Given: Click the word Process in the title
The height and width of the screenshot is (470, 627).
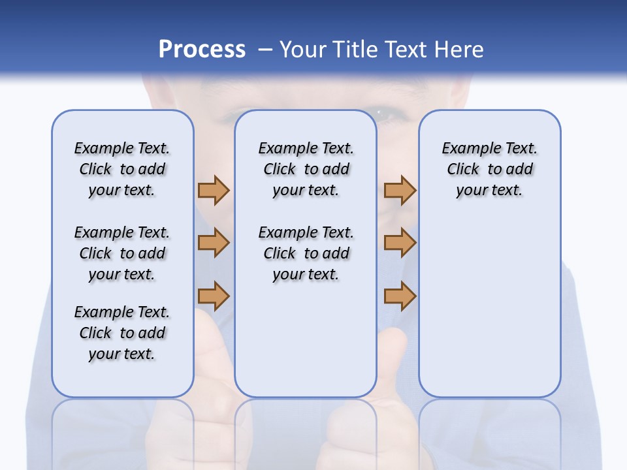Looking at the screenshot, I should coord(202,50).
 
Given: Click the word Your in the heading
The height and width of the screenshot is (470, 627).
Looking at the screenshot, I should coord(304,50).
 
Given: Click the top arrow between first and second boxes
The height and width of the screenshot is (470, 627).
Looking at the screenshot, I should coord(214,190).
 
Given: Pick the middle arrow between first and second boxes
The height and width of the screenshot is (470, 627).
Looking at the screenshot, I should coord(214,243).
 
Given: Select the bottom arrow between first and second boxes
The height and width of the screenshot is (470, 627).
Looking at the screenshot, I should coord(214,296).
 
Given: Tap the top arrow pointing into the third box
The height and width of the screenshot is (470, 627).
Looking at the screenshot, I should coord(400,190).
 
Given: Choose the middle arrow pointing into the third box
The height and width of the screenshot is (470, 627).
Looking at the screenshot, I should coord(400,243).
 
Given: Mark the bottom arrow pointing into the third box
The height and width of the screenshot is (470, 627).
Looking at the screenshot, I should coord(400,296).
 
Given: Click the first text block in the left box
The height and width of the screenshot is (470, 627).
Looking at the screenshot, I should coord(122,169).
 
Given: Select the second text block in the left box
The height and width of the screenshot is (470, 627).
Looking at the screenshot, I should coord(122,253).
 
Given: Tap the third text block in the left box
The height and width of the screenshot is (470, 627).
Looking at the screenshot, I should coord(122,333).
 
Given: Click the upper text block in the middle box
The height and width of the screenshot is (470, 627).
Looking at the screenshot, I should coord(306,169).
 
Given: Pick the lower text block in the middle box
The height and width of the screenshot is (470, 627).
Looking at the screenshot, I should coord(306,253).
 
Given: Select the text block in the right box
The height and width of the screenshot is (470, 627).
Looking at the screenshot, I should coord(489,169).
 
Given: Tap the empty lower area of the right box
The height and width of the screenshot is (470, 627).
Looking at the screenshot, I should coord(489,313).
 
